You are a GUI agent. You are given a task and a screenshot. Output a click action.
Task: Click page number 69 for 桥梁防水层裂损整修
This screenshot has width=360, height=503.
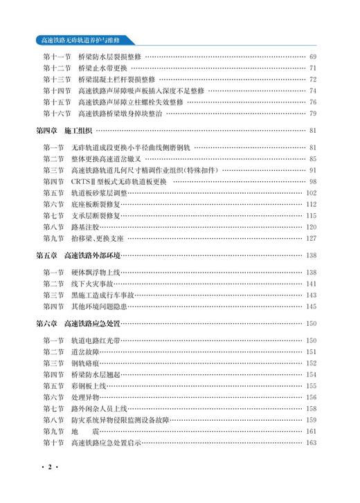(x=312, y=57)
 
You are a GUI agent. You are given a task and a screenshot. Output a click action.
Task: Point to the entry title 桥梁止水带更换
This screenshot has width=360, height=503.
(x=103, y=68)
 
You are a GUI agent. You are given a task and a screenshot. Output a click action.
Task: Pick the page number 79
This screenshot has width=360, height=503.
(x=312, y=113)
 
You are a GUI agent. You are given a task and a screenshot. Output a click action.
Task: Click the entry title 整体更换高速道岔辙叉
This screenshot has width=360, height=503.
(x=113, y=158)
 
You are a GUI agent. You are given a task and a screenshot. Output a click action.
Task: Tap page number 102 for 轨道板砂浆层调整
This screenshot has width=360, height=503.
(x=311, y=192)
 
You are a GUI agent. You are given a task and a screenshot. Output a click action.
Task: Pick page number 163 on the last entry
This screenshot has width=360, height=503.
(x=311, y=443)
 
